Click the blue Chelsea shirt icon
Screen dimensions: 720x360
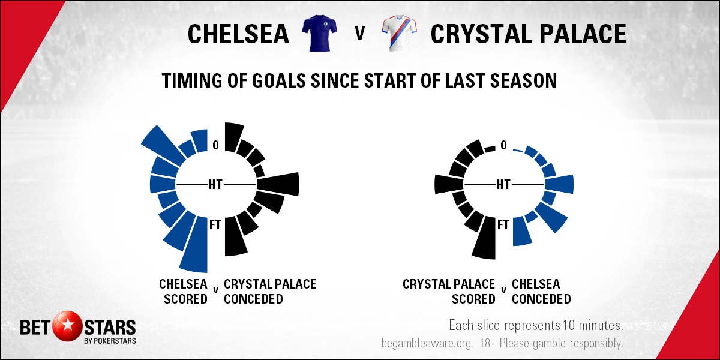319,33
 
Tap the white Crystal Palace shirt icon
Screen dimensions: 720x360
399,33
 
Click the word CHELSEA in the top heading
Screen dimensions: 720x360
238,34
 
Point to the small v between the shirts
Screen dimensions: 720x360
360,33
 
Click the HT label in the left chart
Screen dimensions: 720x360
215,185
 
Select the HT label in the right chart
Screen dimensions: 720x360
503,185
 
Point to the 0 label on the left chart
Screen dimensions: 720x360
215,145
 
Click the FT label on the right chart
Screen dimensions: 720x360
503,224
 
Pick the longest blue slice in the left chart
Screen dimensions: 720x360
195,245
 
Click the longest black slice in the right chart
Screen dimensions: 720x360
484,238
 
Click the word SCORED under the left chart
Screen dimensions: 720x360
185,299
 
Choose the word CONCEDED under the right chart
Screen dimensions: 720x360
541,299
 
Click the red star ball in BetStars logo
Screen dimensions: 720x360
68,327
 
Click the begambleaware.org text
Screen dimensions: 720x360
427,343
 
